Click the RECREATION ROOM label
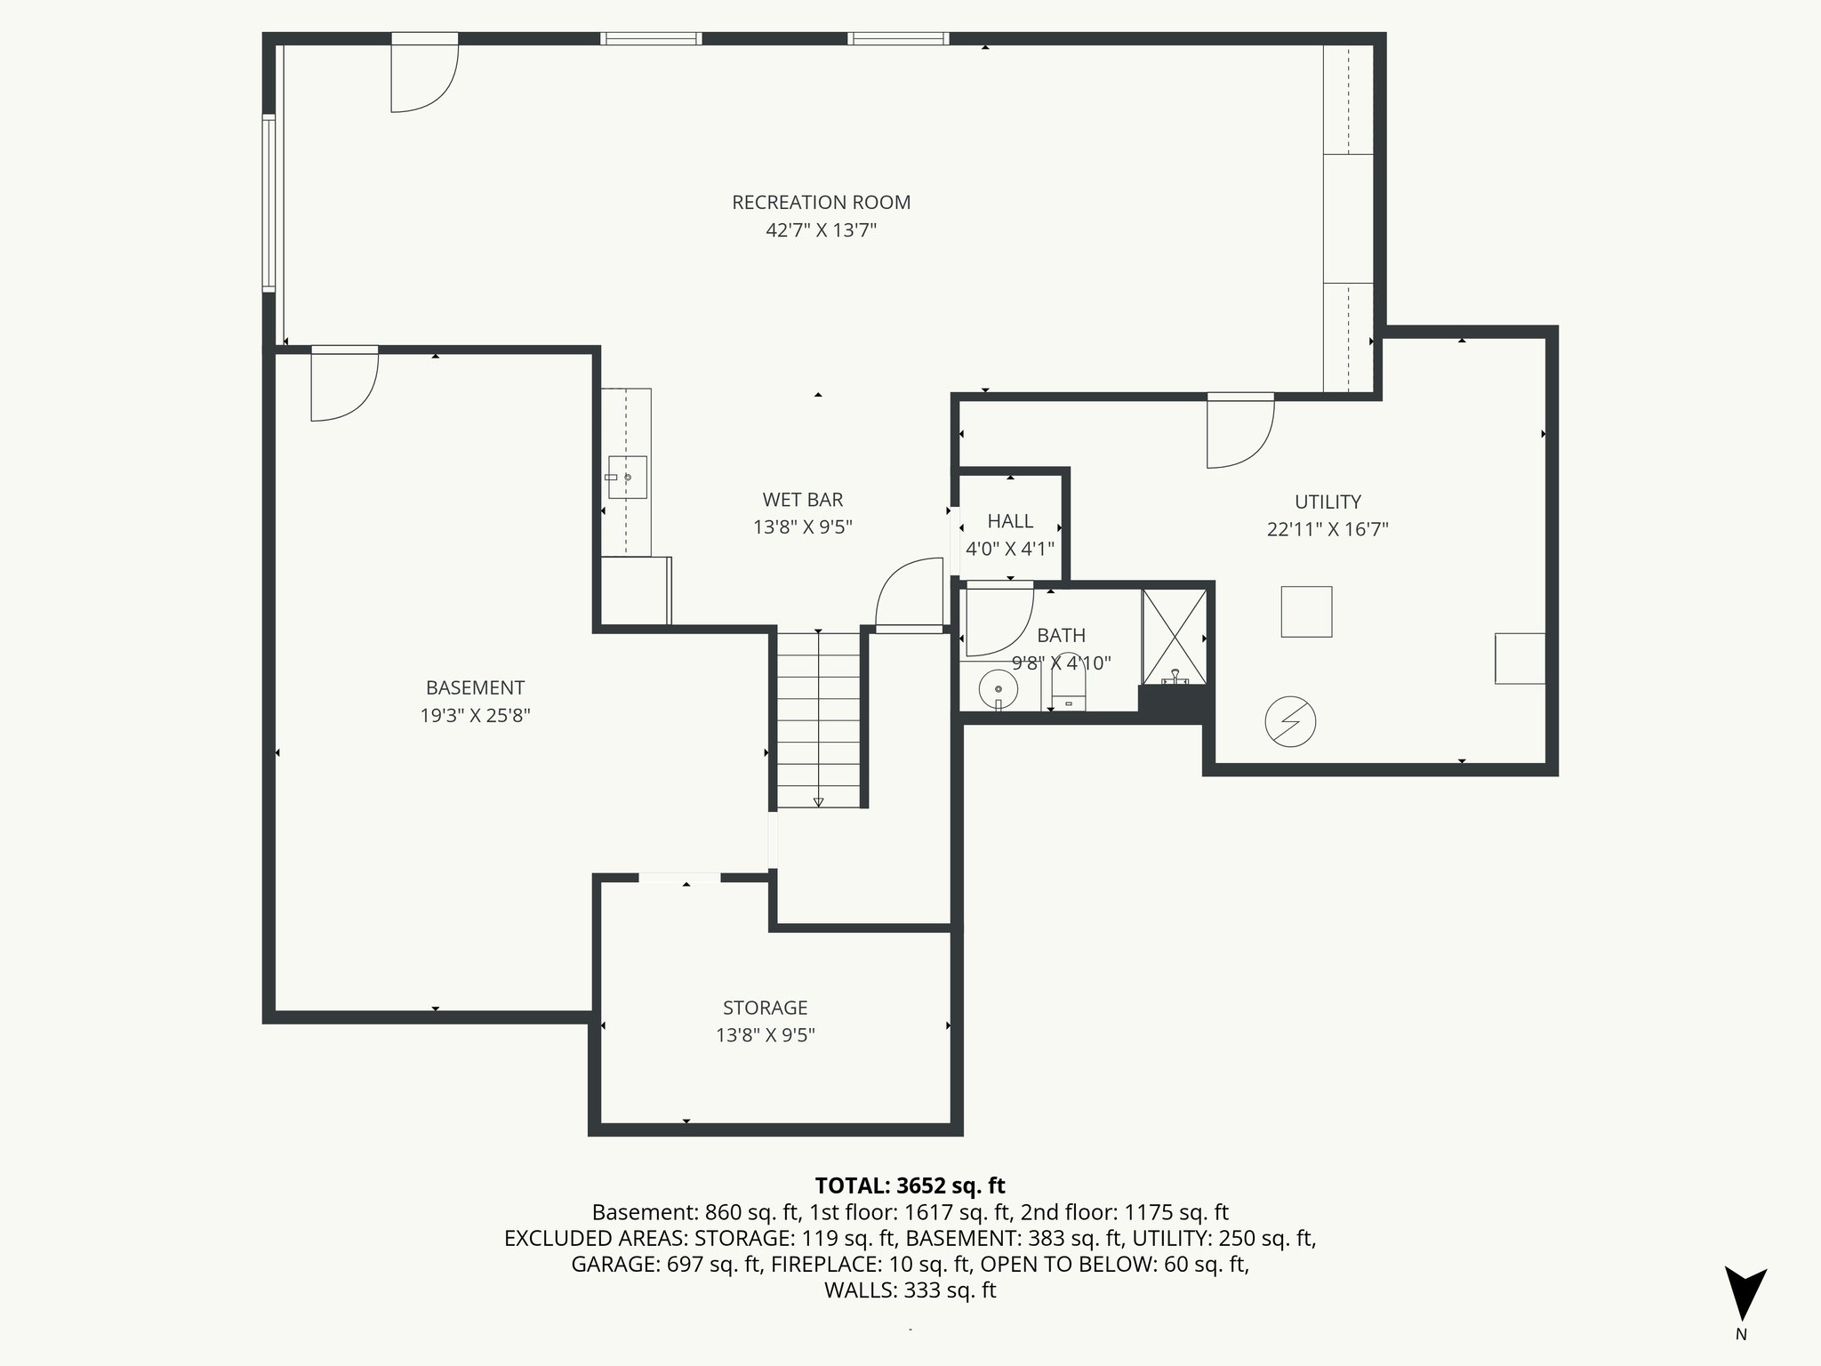click(821, 202)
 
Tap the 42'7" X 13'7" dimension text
click(821, 230)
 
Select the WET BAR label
click(802, 500)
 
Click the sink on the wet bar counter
click(627, 478)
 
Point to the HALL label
click(1010, 521)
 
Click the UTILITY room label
click(1328, 502)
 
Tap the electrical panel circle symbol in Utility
click(1290, 721)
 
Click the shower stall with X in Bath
click(1175, 637)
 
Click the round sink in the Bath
click(999, 688)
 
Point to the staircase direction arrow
click(818, 800)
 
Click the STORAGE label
click(765, 1008)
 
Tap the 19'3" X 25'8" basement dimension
click(475, 716)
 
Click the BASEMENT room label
click(475, 687)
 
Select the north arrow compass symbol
click(1745, 1294)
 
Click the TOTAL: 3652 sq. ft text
click(910, 1185)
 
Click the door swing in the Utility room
click(1239, 432)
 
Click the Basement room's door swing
click(344, 385)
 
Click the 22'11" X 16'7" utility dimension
click(1328, 530)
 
